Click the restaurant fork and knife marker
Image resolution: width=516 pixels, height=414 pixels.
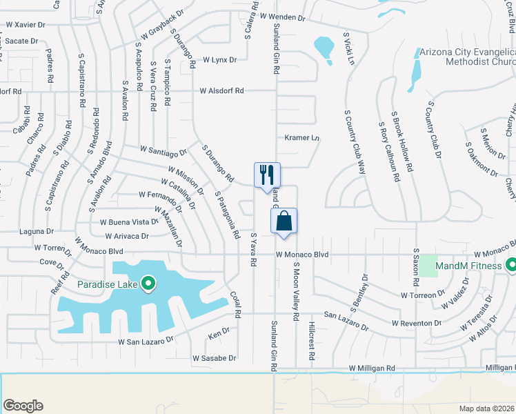pos(267,175)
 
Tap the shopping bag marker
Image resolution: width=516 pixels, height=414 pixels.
pos(284,221)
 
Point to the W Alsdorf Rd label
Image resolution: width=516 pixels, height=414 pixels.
pos(222,90)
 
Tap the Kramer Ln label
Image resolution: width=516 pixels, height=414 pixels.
pos(302,138)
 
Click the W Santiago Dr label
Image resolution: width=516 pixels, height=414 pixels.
pos(163,150)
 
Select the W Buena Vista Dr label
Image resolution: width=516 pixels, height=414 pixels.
pos(130,222)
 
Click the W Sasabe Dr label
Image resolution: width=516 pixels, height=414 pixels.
pos(215,358)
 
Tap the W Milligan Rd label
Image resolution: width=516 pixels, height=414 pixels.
pos(372,369)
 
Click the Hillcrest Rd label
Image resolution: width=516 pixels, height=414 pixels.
pos(312,342)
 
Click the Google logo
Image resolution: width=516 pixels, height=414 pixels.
pos(23,406)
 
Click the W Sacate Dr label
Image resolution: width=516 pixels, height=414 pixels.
pos(21,41)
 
